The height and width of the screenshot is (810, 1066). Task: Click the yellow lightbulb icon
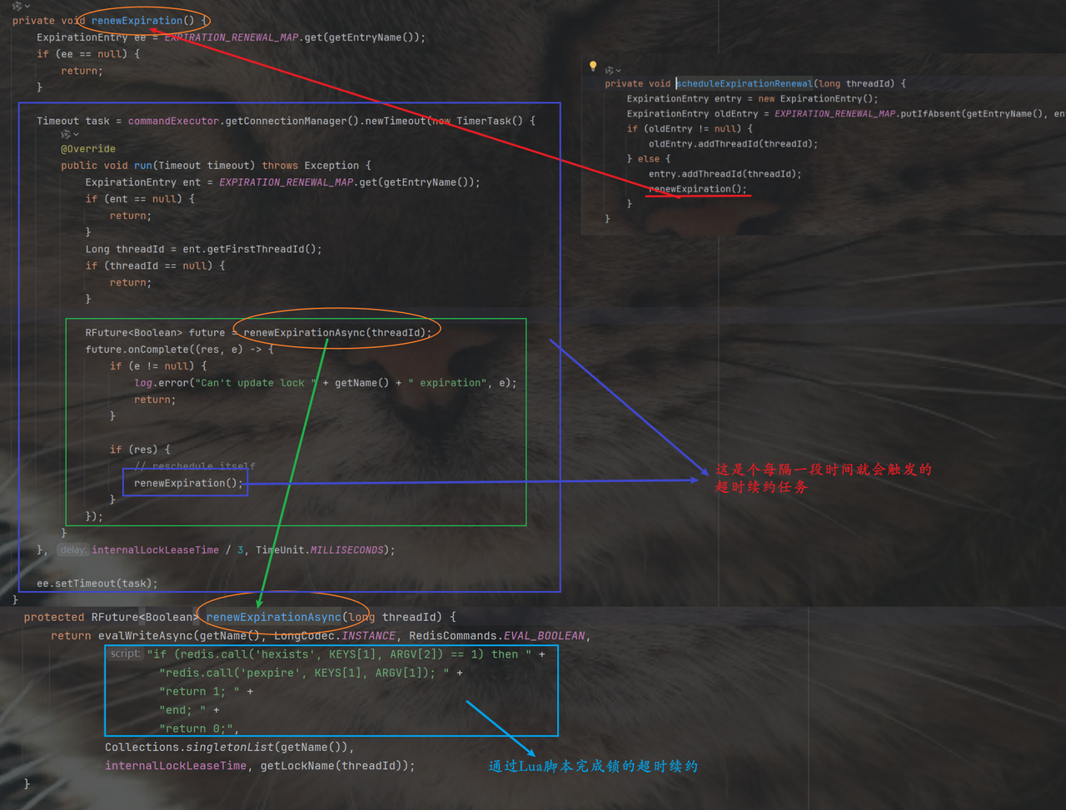point(593,66)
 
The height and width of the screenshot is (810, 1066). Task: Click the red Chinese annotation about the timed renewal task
point(822,478)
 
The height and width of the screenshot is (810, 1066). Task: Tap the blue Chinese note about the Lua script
point(592,766)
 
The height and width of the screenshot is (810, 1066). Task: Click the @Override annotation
point(87,149)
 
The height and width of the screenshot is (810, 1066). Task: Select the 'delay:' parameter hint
point(73,550)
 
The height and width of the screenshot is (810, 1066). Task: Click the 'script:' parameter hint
point(126,654)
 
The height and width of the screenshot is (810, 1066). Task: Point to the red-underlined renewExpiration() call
point(698,189)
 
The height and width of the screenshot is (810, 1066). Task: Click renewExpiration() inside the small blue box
point(188,483)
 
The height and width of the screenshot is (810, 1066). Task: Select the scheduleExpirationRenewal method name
point(745,83)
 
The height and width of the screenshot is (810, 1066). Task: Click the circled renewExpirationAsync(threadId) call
point(337,332)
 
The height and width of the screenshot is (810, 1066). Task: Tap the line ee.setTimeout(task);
point(97,584)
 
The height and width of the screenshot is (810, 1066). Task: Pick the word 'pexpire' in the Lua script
point(279,673)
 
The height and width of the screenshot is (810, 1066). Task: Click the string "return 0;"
point(198,728)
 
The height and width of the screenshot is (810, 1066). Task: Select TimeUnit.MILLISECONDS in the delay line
point(324,550)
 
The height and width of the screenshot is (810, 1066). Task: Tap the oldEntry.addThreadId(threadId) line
point(733,144)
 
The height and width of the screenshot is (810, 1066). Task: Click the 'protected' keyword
point(54,617)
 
